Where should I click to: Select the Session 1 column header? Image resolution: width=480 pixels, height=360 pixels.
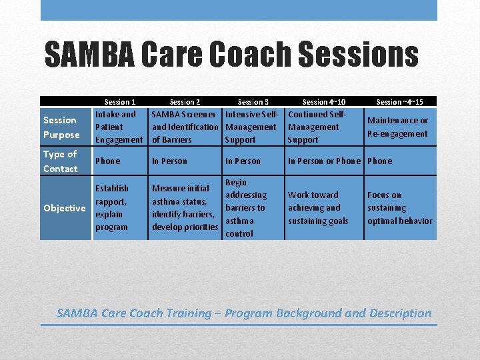click(120, 102)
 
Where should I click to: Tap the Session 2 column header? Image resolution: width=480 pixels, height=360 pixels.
click(185, 102)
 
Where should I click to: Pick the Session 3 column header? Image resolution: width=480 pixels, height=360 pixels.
click(253, 102)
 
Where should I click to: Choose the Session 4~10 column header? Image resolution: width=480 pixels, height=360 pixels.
click(324, 102)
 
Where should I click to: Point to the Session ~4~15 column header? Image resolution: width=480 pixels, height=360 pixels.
click(399, 102)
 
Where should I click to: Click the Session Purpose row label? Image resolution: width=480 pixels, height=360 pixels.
click(61, 127)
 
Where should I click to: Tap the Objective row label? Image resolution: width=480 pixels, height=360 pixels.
click(64, 208)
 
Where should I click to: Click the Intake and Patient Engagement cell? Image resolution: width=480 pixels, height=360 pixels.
click(119, 127)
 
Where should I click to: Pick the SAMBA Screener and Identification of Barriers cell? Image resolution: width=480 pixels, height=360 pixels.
click(185, 127)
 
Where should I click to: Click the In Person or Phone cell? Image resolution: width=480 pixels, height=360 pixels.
click(324, 161)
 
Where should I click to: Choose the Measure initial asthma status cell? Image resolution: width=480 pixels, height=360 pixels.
click(185, 208)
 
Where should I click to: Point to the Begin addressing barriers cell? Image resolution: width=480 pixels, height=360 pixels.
click(245, 208)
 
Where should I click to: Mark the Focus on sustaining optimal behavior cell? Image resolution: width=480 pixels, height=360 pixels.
click(399, 208)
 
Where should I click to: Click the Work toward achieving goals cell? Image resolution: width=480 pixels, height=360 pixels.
click(318, 208)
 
